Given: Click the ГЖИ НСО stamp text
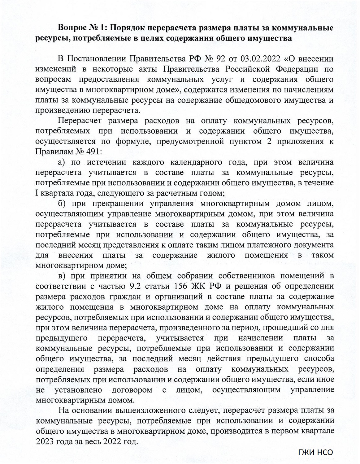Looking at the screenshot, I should pyautogui.click(x=315, y=452).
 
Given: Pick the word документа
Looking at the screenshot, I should pyautogui.click(x=312, y=245).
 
